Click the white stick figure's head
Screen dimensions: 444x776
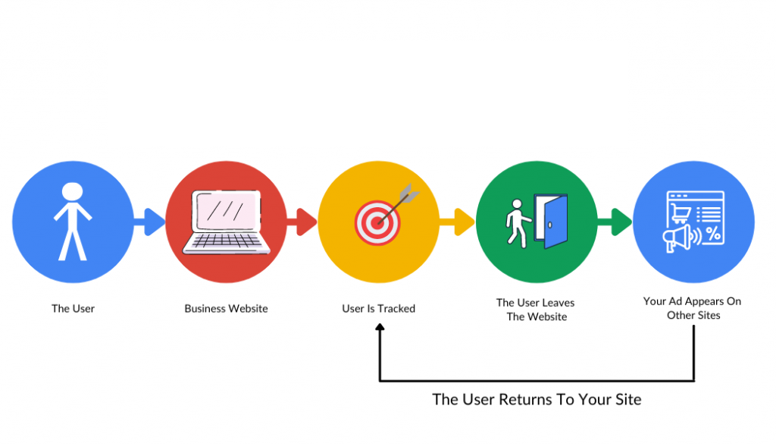pos(72,192)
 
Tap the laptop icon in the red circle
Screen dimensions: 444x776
pos(227,222)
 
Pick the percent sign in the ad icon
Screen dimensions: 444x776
pos(713,235)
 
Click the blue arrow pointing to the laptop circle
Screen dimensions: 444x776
pos(152,222)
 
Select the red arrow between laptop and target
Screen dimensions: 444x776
pos(303,222)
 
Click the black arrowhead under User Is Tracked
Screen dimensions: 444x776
pos(380,327)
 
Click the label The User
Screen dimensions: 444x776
pos(73,309)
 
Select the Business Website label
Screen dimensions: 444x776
pos(226,309)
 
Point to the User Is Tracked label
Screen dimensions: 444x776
pos(378,309)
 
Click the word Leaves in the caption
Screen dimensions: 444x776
pos(559,303)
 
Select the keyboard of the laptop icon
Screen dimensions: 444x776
pos(227,242)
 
